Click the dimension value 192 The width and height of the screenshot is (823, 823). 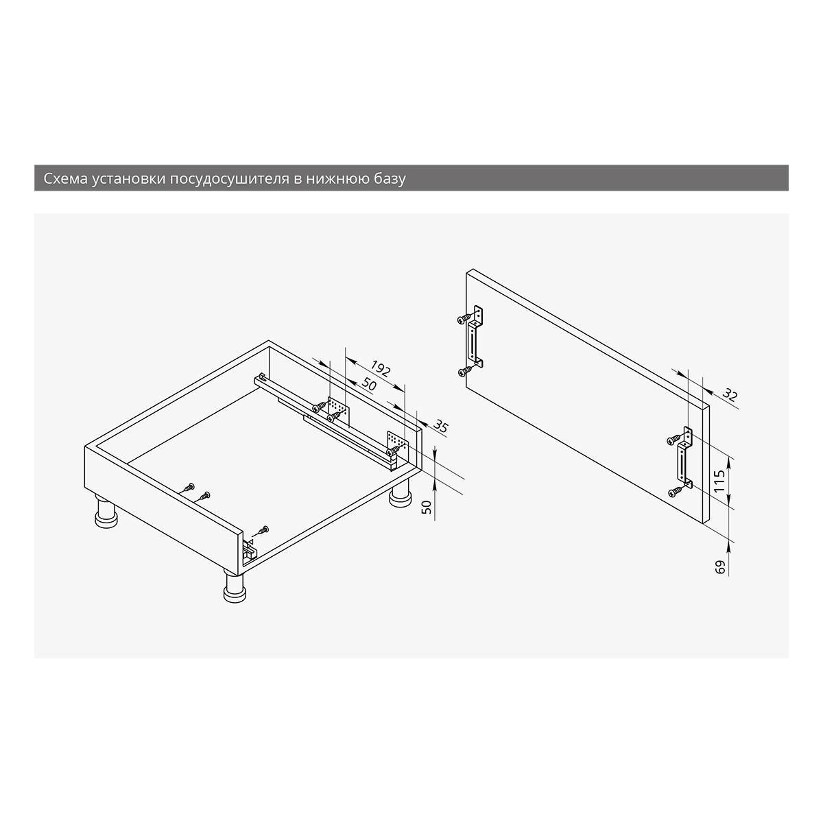point(380,368)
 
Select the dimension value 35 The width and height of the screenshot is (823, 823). point(441,426)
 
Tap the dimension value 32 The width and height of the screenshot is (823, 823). point(730,394)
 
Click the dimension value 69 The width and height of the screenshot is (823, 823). point(720,567)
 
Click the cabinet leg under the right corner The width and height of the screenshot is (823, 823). point(400,493)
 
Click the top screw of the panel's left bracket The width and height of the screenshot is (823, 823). point(464,319)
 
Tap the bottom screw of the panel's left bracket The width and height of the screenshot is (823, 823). point(465,371)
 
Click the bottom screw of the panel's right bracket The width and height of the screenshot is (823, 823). point(676,492)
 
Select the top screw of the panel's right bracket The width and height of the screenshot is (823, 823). point(675,439)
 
